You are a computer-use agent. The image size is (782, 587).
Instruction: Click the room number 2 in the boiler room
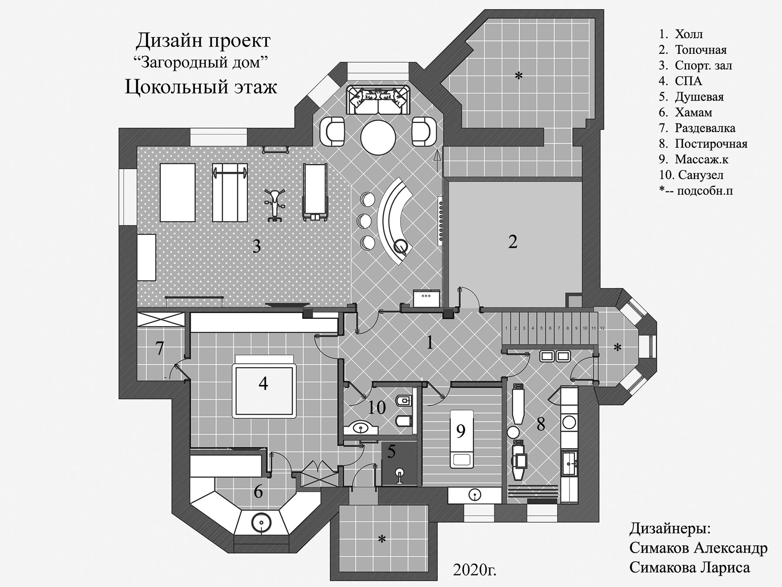coord(513,242)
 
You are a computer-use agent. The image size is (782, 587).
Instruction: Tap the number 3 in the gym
coord(256,247)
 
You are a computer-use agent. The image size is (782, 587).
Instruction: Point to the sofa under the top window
coord(378,100)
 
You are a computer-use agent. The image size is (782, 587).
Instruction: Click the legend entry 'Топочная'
coord(701,50)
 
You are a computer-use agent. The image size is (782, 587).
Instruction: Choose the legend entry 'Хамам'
coord(693,113)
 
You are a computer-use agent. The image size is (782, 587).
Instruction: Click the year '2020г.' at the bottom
coord(474,570)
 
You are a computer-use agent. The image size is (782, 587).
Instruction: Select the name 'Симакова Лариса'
coord(689,567)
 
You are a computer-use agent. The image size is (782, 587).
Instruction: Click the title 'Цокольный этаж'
coord(201,87)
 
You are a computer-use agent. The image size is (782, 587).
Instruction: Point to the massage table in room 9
coord(461,439)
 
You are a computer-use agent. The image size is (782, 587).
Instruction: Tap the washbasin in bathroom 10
coord(361,428)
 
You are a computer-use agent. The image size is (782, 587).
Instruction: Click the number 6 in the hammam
coord(258,492)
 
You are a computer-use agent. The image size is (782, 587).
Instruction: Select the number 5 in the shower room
coord(391,452)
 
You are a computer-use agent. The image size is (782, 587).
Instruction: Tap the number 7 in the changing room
coord(160,348)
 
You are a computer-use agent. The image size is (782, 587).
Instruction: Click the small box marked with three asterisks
coord(426,298)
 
